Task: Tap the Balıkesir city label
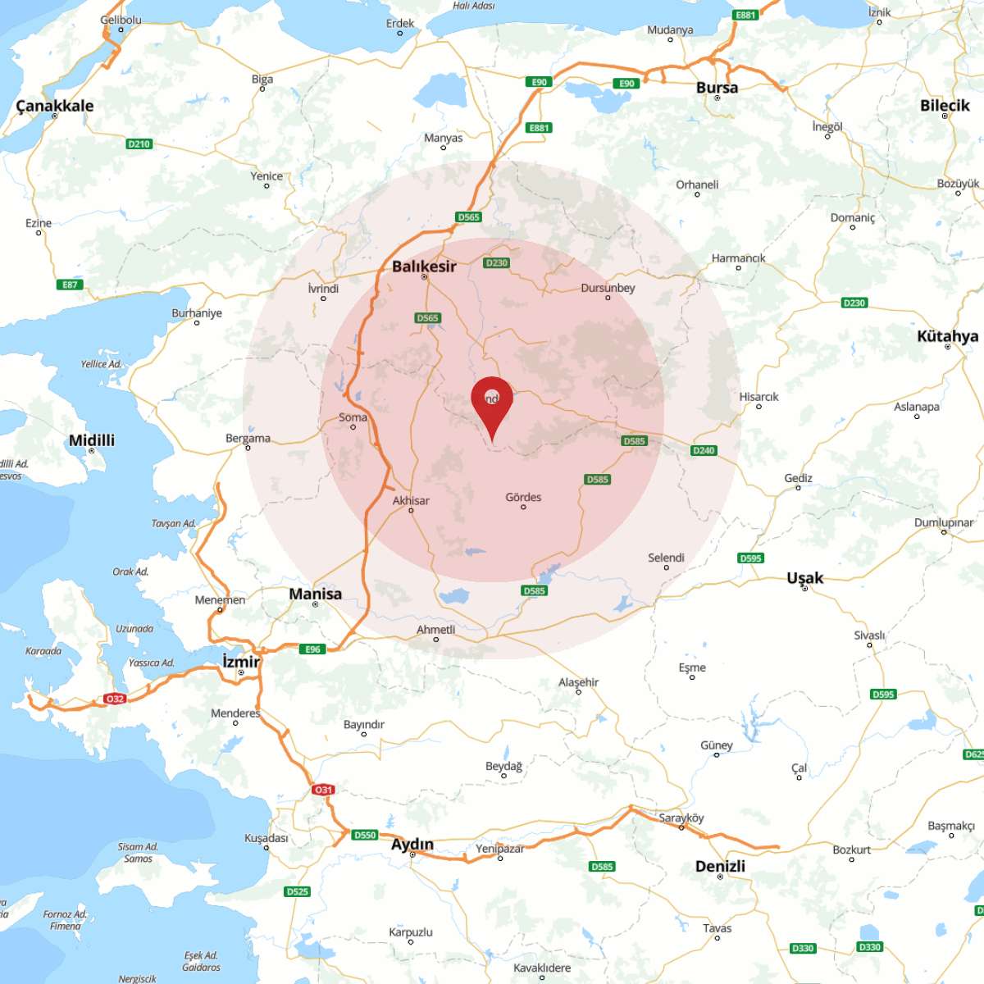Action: coord(424,266)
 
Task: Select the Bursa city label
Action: coord(717,88)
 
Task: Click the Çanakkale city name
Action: coord(55,106)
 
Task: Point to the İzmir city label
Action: coord(241,662)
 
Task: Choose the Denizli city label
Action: coord(720,866)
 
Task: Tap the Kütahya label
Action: coord(947,336)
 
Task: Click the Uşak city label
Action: coord(804,577)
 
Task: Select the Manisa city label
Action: coord(315,593)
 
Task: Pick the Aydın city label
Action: coord(412,844)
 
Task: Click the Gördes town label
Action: coord(523,497)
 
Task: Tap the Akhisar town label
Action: coord(411,500)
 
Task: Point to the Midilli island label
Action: coord(92,440)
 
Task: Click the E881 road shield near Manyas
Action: coord(539,128)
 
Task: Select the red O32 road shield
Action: coord(115,699)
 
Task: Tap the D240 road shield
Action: coord(704,450)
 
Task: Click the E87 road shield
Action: coord(71,285)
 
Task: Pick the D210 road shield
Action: coord(139,144)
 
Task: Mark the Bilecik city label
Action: coord(945,105)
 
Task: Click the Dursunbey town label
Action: coord(608,288)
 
